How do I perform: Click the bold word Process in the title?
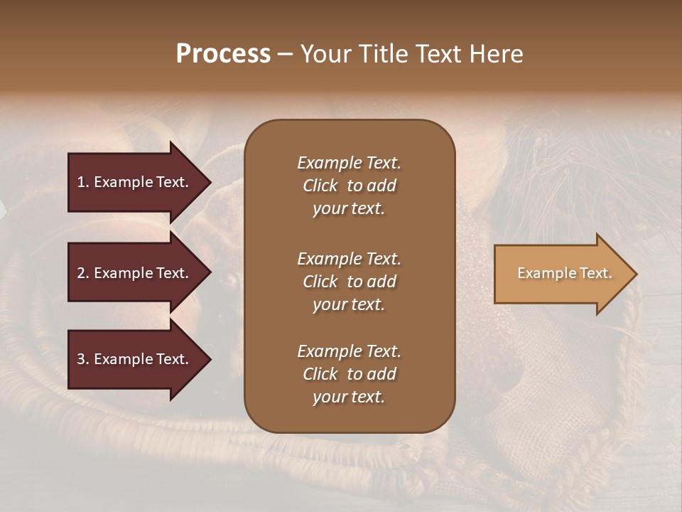tap(223, 54)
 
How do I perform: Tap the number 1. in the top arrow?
tap(83, 182)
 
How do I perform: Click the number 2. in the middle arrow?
tap(83, 273)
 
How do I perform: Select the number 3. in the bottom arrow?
tap(83, 359)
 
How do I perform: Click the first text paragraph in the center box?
tap(349, 186)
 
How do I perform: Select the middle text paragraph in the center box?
tap(349, 282)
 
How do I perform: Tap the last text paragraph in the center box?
tap(349, 374)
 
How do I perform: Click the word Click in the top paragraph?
tap(320, 186)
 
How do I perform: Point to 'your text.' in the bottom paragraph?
tap(349, 397)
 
